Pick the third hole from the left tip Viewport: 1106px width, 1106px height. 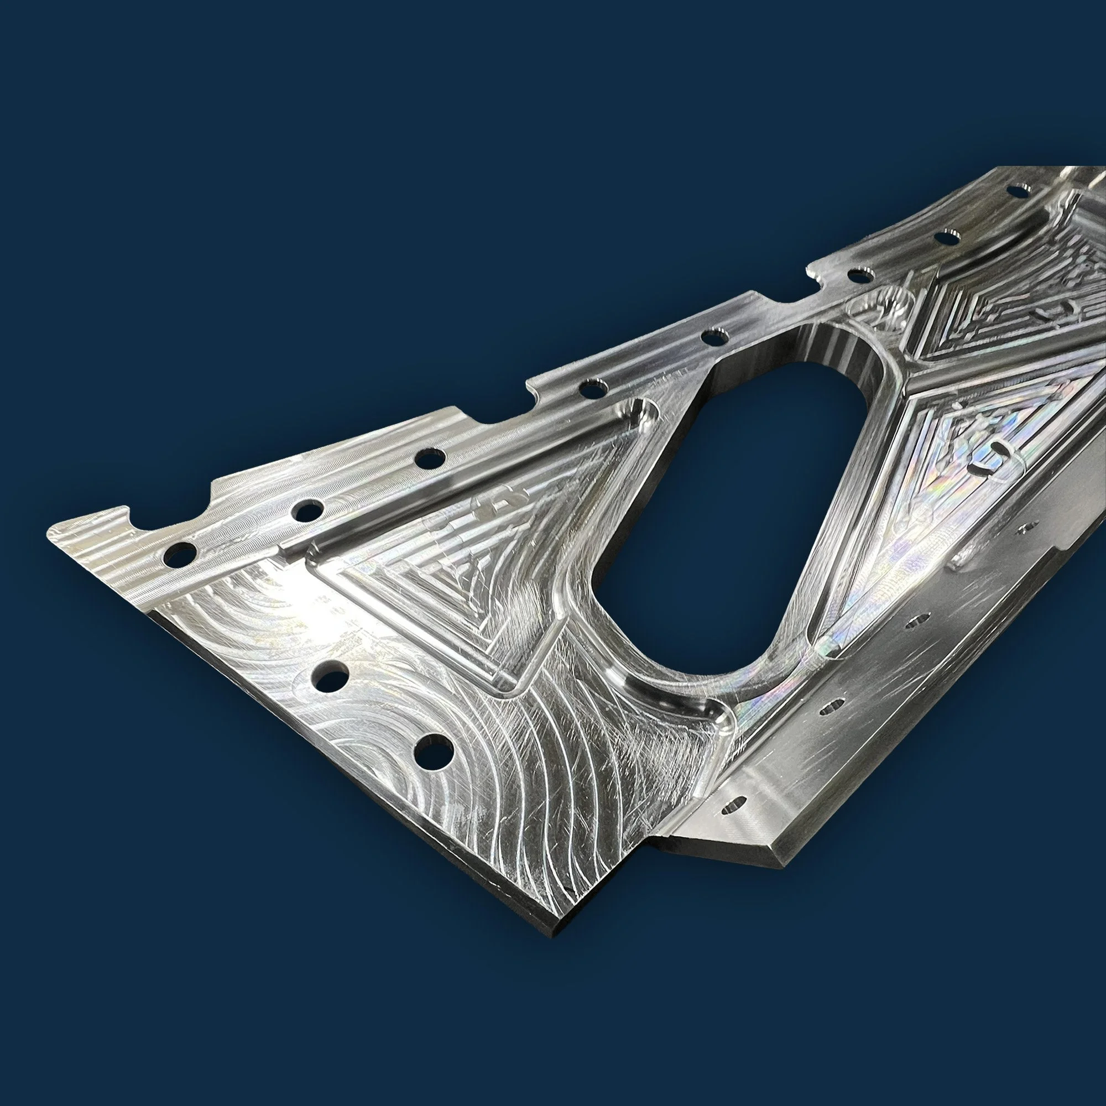[430, 458]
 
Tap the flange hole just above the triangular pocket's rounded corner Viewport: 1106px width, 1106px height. [589, 389]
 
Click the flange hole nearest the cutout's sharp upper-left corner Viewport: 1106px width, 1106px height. [713, 337]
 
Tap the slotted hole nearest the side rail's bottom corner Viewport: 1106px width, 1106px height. [734, 805]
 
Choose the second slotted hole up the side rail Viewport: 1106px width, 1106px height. [831, 706]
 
